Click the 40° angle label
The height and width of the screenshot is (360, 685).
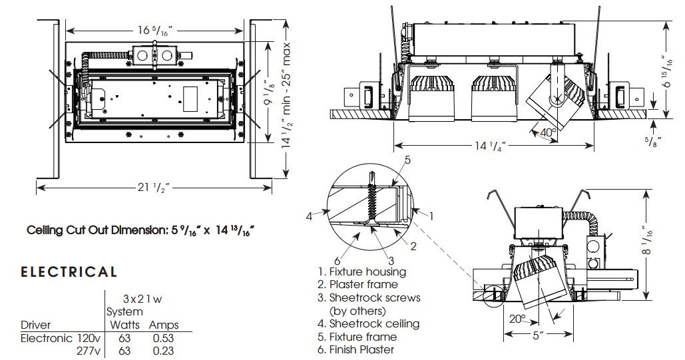coord(549,132)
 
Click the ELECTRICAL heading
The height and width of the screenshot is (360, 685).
coord(69,271)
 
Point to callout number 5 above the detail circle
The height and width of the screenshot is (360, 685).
coord(407,160)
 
